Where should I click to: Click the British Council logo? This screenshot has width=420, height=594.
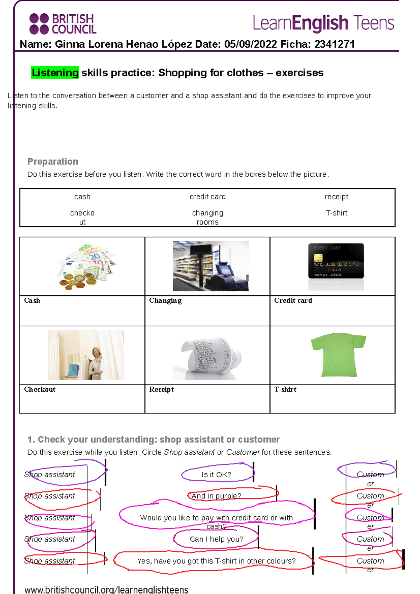pyautogui.click(x=63, y=24)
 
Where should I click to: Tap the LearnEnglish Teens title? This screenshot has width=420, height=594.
pyautogui.click(x=323, y=23)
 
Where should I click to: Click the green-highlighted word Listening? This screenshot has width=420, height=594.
pyautogui.click(x=55, y=73)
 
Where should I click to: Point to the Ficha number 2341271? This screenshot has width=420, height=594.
pyautogui.click(x=334, y=44)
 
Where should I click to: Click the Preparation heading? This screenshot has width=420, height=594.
pyautogui.click(x=53, y=162)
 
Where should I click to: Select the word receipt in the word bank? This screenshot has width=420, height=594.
pyautogui.click(x=336, y=197)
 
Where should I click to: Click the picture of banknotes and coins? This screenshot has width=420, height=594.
pyautogui.click(x=86, y=267)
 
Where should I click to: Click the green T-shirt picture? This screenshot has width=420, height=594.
pyautogui.click(x=338, y=354)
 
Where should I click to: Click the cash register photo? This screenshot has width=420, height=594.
pyautogui.click(x=211, y=266)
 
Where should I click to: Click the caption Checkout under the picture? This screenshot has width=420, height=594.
pyautogui.click(x=40, y=390)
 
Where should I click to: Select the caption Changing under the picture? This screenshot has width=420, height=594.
pyautogui.click(x=165, y=301)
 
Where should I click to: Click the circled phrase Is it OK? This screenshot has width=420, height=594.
pyautogui.click(x=216, y=475)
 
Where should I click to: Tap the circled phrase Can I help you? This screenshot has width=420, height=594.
pyautogui.click(x=217, y=539)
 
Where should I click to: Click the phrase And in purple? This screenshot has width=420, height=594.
pyautogui.click(x=216, y=496)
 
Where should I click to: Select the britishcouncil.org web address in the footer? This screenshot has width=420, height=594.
pyautogui.click(x=106, y=589)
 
